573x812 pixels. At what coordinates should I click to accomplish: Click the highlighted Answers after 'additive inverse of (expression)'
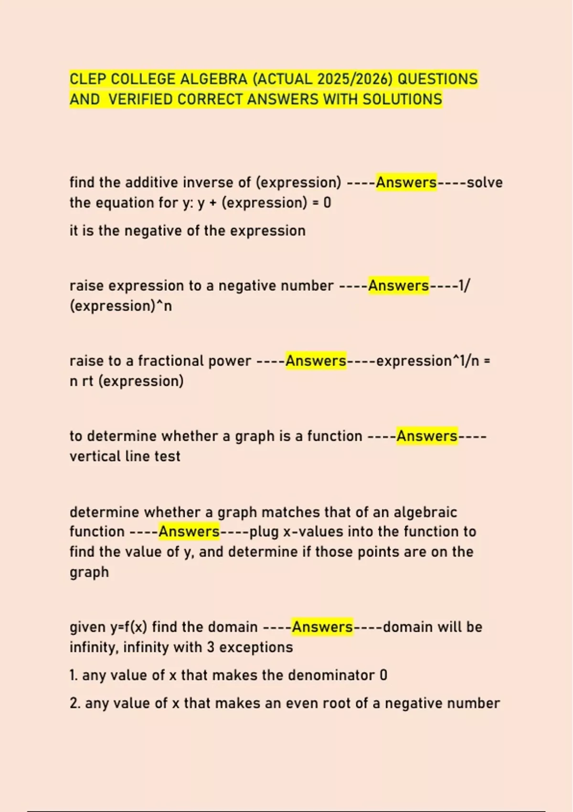(406, 182)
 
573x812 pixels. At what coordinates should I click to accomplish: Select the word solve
(485, 182)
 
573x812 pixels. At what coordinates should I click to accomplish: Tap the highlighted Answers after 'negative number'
(398, 286)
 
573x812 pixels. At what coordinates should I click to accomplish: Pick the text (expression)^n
(120, 306)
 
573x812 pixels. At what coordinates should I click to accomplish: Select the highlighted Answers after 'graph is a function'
(427, 436)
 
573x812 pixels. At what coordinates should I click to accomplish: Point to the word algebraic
(425, 512)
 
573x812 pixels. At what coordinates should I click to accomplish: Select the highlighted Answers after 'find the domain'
(322, 627)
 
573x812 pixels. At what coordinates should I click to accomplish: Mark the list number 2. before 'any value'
(74, 703)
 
